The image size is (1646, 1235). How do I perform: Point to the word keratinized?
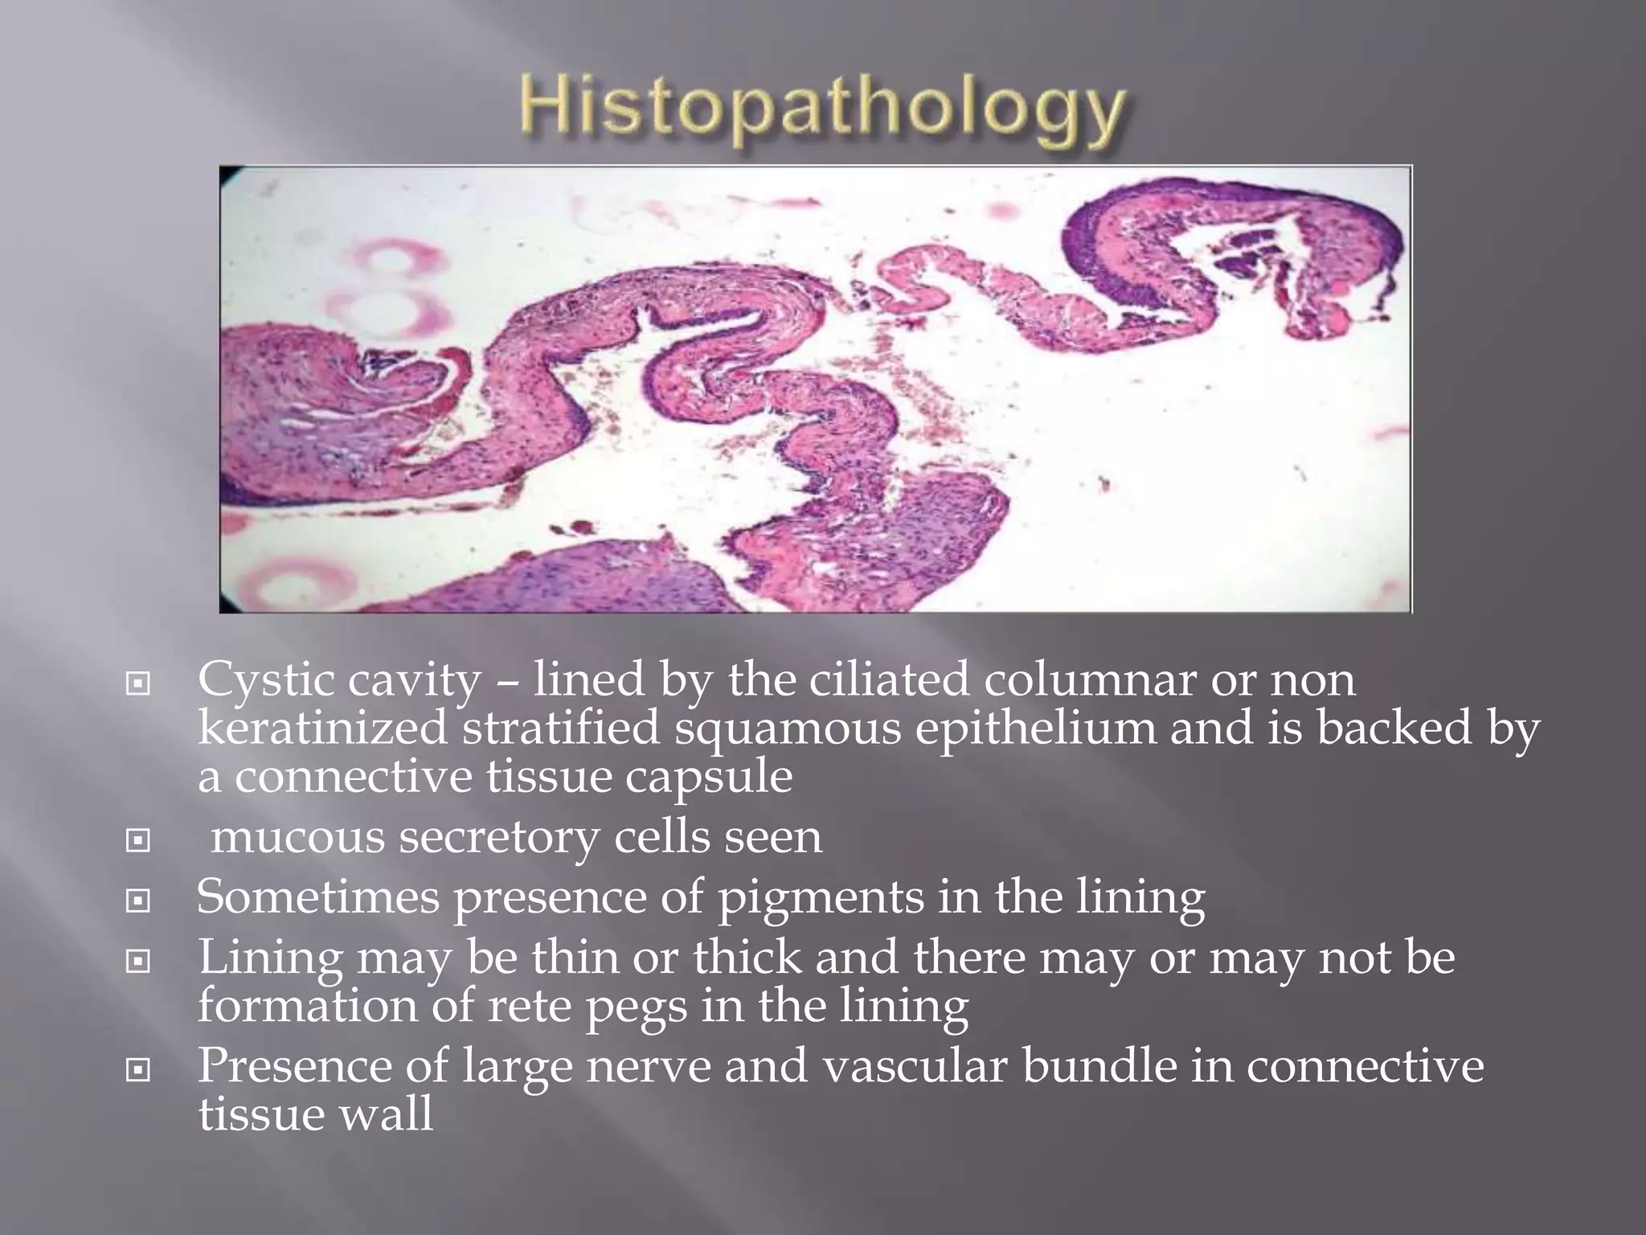(322, 728)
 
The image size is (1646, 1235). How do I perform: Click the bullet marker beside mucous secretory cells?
(138, 841)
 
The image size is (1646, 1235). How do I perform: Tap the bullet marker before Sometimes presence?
(138, 901)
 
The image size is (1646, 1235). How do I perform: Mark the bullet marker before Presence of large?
(138, 1070)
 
